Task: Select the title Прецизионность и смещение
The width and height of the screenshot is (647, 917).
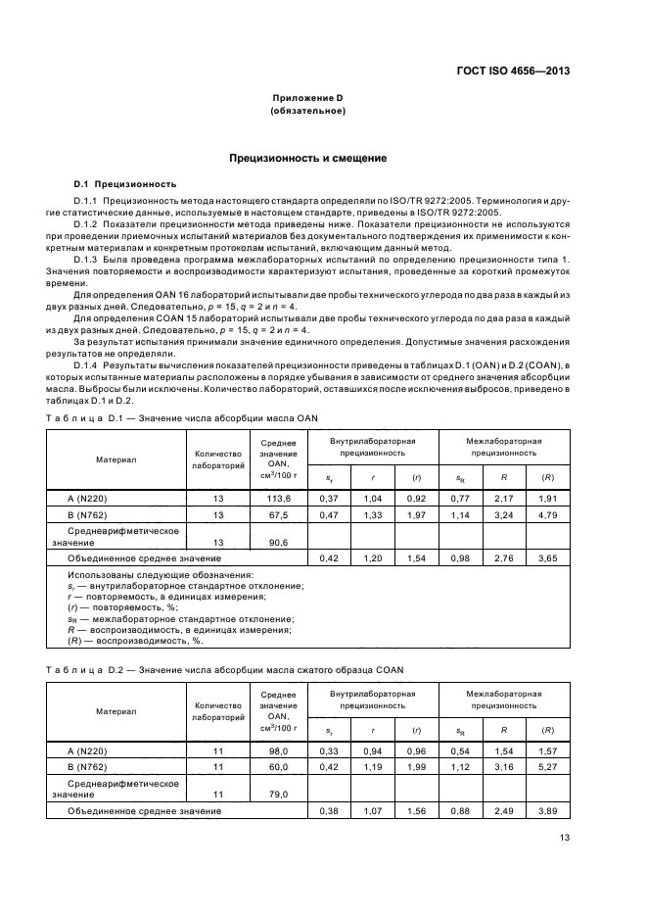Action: pyautogui.click(x=307, y=158)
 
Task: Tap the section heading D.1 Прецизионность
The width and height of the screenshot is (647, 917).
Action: pyautogui.click(x=125, y=183)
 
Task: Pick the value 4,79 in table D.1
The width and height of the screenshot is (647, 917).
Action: pyautogui.click(x=548, y=514)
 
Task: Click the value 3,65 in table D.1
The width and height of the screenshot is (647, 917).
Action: pyautogui.click(x=548, y=557)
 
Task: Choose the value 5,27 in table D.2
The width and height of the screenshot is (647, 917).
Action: pyautogui.click(x=548, y=767)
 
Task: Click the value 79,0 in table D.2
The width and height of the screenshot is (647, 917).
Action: pyautogui.click(x=277, y=794)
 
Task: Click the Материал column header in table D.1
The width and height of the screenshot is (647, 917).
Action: pyautogui.click(x=116, y=458)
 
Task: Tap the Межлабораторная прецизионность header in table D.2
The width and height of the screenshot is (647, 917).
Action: pyautogui.click(x=504, y=700)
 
